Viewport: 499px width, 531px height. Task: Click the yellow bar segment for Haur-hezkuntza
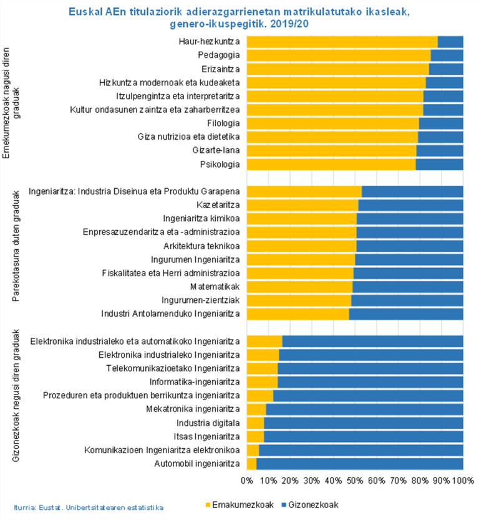(342, 42)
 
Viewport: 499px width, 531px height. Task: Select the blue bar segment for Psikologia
(439, 165)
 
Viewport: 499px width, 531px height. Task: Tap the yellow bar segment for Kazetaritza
(303, 205)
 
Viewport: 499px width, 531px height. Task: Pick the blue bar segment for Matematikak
(408, 287)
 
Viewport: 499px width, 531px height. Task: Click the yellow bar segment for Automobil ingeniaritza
(252, 464)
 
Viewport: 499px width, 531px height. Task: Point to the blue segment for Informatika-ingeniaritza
(370, 382)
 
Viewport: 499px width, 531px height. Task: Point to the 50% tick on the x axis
(355, 481)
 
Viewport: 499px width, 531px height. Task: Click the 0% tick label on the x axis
(247, 481)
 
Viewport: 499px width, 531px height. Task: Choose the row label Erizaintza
(221, 69)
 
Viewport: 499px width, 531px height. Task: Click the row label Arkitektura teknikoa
(201, 246)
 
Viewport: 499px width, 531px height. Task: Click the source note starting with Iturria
(88, 508)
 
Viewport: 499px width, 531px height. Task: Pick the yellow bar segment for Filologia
(333, 123)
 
